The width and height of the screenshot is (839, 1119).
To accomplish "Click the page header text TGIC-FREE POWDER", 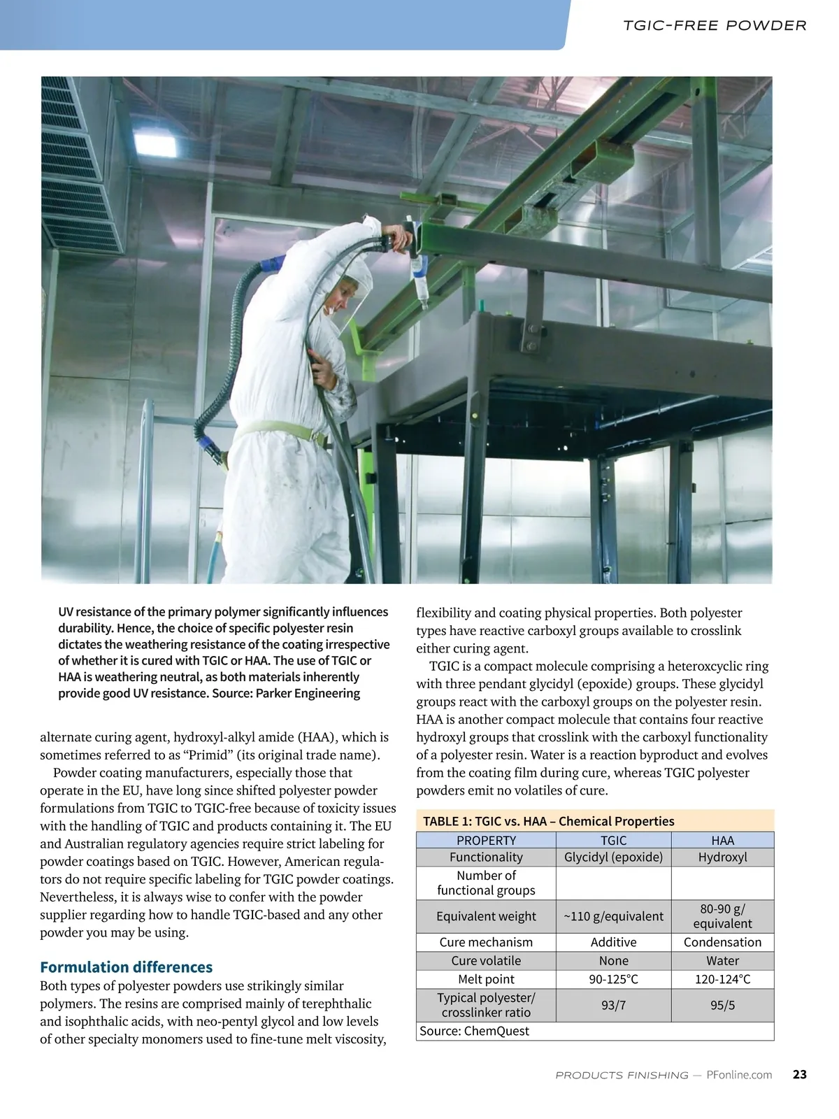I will pyautogui.click(x=715, y=26).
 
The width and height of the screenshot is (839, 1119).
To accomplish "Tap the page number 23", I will pyautogui.click(x=800, y=1074).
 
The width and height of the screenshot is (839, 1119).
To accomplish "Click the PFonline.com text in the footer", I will pyautogui.click(x=739, y=1075).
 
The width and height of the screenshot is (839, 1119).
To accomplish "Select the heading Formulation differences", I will pyautogui.click(x=126, y=967).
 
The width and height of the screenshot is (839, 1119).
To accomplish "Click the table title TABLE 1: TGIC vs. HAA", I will pyautogui.click(x=548, y=821).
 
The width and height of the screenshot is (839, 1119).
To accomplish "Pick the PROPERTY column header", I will pyautogui.click(x=486, y=840).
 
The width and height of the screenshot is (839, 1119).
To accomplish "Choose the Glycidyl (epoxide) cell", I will pyautogui.click(x=613, y=857).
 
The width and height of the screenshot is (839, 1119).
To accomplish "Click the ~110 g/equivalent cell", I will pyautogui.click(x=613, y=916).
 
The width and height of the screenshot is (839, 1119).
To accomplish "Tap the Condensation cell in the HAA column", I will pyautogui.click(x=722, y=942).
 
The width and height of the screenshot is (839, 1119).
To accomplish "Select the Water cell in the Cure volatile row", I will pyautogui.click(x=722, y=961).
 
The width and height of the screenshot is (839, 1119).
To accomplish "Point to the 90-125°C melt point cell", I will pyautogui.click(x=613, y=979).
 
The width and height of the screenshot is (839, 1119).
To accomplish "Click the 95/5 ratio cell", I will pyautogui.click(x=722, y=1005).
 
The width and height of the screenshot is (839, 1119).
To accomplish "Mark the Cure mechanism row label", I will pyautogui.click(x=486, y=942).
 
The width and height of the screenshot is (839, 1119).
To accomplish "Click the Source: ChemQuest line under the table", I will pyautogui.click(x=474, y=1031).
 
